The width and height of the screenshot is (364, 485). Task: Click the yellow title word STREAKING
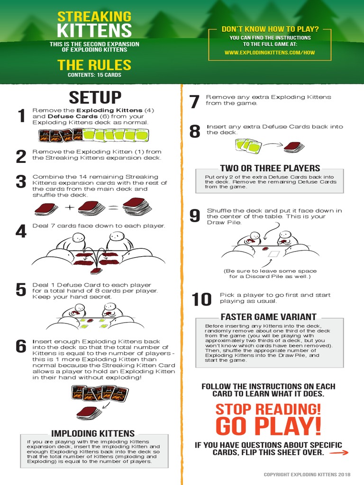click(94, 17)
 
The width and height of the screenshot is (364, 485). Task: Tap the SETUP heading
click(95, 97)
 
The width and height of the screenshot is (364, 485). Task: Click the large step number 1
click(21, 116)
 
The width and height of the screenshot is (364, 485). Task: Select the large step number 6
click(21, 347)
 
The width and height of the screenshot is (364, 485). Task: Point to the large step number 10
click(201, 299)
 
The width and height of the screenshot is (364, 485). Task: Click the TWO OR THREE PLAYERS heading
click(270, 168)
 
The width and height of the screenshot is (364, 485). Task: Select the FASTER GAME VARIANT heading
click(269, 316)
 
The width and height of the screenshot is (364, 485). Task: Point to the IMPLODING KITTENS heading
click(93, 433)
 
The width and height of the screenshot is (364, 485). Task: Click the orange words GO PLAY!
click(268, 426)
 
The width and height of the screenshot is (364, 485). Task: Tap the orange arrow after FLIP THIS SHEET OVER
click(338, 453)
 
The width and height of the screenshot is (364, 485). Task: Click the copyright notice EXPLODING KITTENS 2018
click(307, 474)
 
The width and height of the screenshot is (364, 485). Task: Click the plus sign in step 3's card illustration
click(69, 207)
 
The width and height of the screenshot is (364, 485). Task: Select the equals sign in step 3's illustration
click(112, 207)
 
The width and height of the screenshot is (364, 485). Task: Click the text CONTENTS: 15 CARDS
click(94, 75)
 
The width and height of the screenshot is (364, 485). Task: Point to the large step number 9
click(195, 216)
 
